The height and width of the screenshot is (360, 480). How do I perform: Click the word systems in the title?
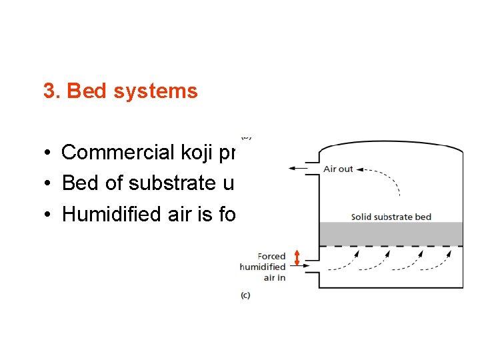(155, 91)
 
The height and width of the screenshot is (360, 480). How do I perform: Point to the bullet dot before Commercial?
(49, 153)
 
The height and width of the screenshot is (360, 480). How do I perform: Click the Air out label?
(338, 169)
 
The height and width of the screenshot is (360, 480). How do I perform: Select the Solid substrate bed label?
(391, 217)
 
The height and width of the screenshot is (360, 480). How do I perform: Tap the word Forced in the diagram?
(271, 256)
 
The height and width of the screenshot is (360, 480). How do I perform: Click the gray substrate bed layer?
(391, 234)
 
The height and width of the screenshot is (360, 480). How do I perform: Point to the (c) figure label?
(245, 295)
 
